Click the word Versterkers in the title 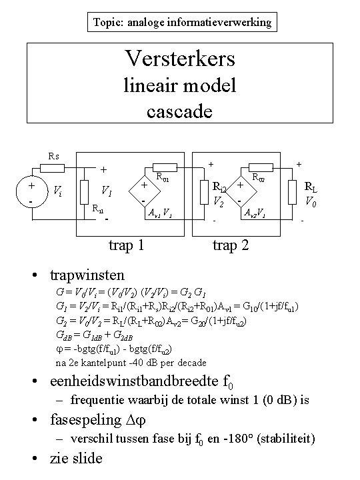(179, 58)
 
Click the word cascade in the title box (179, 109)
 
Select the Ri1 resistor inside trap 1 (84, 192)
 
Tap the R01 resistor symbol (165, 167)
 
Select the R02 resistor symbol (261, 167)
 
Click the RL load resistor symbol (292, 192)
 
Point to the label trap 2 (231, 246)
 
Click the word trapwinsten (87, 274)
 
